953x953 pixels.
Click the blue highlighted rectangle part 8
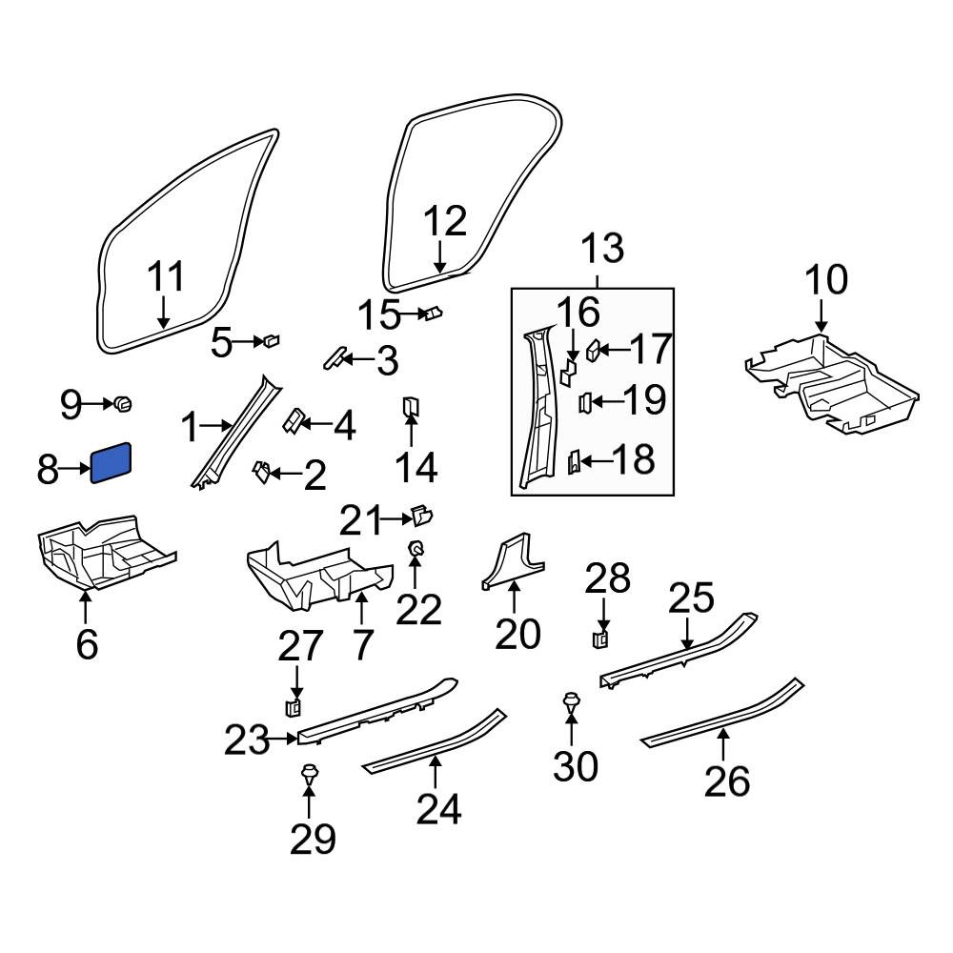111,462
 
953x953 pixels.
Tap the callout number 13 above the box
602,248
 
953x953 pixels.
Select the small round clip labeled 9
123,403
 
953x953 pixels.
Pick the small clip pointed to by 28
601,639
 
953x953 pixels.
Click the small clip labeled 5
271,340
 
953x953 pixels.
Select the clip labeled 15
434,313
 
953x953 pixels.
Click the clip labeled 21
422,516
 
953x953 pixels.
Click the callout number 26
727,781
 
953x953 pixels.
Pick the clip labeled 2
261,471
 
